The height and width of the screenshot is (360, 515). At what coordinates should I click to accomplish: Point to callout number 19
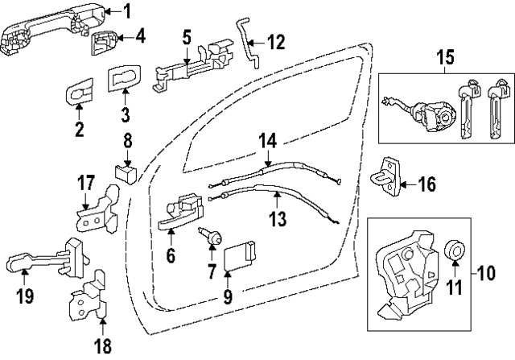coord(25,297)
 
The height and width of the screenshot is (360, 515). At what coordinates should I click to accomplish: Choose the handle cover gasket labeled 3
coord(124,81)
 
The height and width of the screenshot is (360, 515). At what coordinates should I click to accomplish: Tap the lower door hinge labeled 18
coord(89,299)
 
